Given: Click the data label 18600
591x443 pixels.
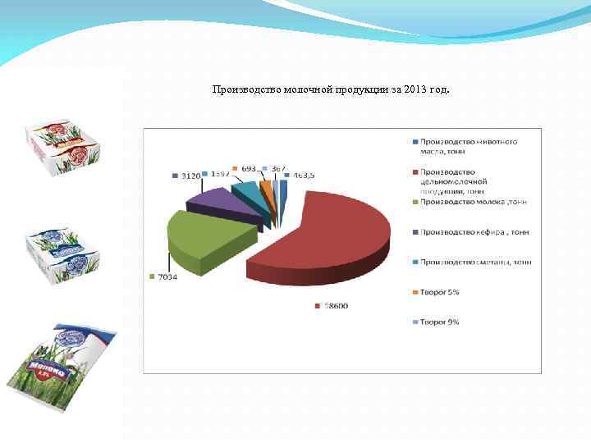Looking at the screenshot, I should [335, 306].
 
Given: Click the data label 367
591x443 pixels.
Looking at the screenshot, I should [278, 168].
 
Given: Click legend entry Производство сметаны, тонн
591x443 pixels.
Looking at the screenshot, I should [475, 262].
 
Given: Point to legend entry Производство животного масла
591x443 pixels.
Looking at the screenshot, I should [469, 146].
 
